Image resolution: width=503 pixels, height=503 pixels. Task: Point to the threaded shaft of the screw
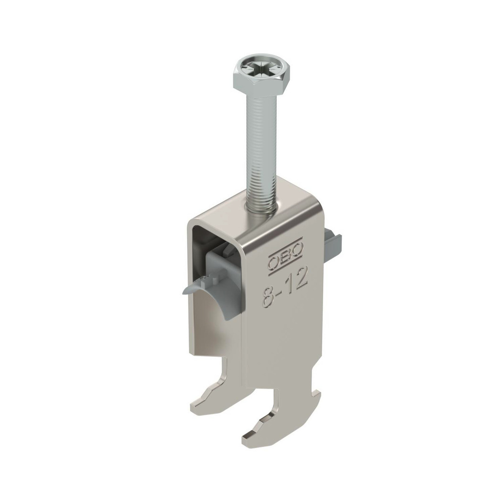coord(261,151)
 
